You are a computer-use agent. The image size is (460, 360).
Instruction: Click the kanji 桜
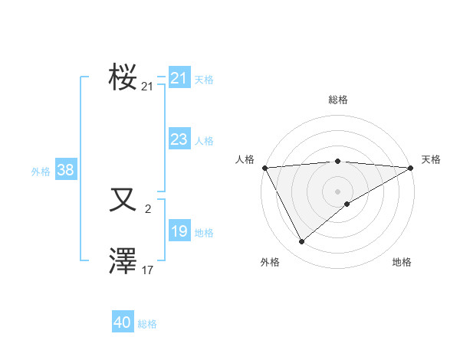(123, 77)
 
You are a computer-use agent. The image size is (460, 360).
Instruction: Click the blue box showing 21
(179, 78)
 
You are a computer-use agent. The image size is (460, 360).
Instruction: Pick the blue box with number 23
(179, 139)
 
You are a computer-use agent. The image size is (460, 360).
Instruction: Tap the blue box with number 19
(179, 231)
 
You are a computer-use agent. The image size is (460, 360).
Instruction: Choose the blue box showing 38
(65, 170)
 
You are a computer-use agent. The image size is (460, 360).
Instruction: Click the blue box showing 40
(123, 322)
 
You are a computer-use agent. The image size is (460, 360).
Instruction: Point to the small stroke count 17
(148, 270)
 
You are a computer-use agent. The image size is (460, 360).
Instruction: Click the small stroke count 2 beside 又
(148, 209)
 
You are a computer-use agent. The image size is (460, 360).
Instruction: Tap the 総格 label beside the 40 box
(147, 324)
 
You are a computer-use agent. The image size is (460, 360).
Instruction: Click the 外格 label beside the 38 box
(41, 172)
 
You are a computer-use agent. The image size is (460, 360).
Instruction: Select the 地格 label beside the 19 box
(204, 233)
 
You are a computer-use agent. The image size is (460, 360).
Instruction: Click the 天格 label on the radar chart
(431, 159)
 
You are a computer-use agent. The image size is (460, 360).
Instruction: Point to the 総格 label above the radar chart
(338, 100)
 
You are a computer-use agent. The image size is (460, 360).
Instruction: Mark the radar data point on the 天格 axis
(412, 168)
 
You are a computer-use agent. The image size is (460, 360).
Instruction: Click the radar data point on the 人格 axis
(264, 168)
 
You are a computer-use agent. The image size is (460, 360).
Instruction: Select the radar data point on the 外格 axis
(302, 242)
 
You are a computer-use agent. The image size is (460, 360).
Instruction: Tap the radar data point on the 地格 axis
(347, 204)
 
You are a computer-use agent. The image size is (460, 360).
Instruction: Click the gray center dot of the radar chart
(338, 191)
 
